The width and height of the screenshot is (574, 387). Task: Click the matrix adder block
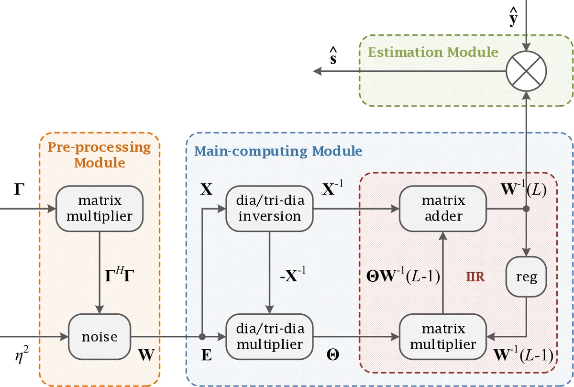click(442, 209)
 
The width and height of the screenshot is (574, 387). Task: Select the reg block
click(526, 276)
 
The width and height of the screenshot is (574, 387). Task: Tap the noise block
click(99, 337)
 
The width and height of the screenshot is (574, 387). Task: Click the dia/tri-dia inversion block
click(269, 209)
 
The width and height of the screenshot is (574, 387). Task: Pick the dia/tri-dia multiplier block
click(269, 337)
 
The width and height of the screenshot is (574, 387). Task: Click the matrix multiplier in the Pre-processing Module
click(99, 209)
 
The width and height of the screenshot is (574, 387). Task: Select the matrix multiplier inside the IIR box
click(442, 337)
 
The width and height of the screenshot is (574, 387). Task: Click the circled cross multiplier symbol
click(526, 72)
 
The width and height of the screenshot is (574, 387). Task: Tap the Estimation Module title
click(433, 52)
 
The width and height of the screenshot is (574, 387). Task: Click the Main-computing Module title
click(278, 151)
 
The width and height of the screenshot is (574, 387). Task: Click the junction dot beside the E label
click(202, 337)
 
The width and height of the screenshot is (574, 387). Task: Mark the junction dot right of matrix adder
click(526, 209)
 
